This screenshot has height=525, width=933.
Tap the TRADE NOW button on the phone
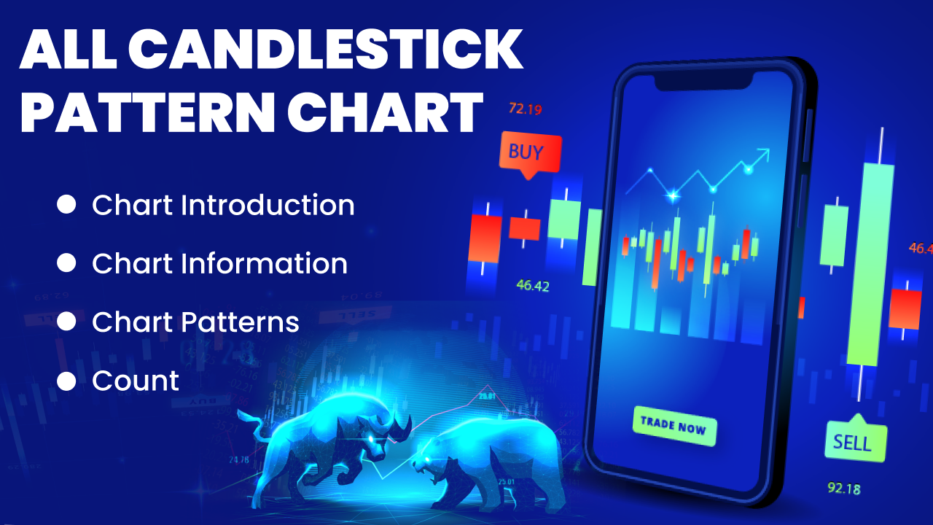tap(675, 425)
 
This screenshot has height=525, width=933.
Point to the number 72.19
tap(525, 109)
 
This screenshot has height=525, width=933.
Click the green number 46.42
tap(532, 285)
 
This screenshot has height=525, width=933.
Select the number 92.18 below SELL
tap(843, 488)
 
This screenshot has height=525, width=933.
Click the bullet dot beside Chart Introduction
tap(66, 205)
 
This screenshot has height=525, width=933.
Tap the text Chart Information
tap(219, 263)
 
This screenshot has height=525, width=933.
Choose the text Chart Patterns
tap(195, 322)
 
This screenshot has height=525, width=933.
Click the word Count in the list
tap(136, 381)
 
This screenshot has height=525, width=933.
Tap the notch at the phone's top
tap(703, 82)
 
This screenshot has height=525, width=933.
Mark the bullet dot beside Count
tap(66, 381)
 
